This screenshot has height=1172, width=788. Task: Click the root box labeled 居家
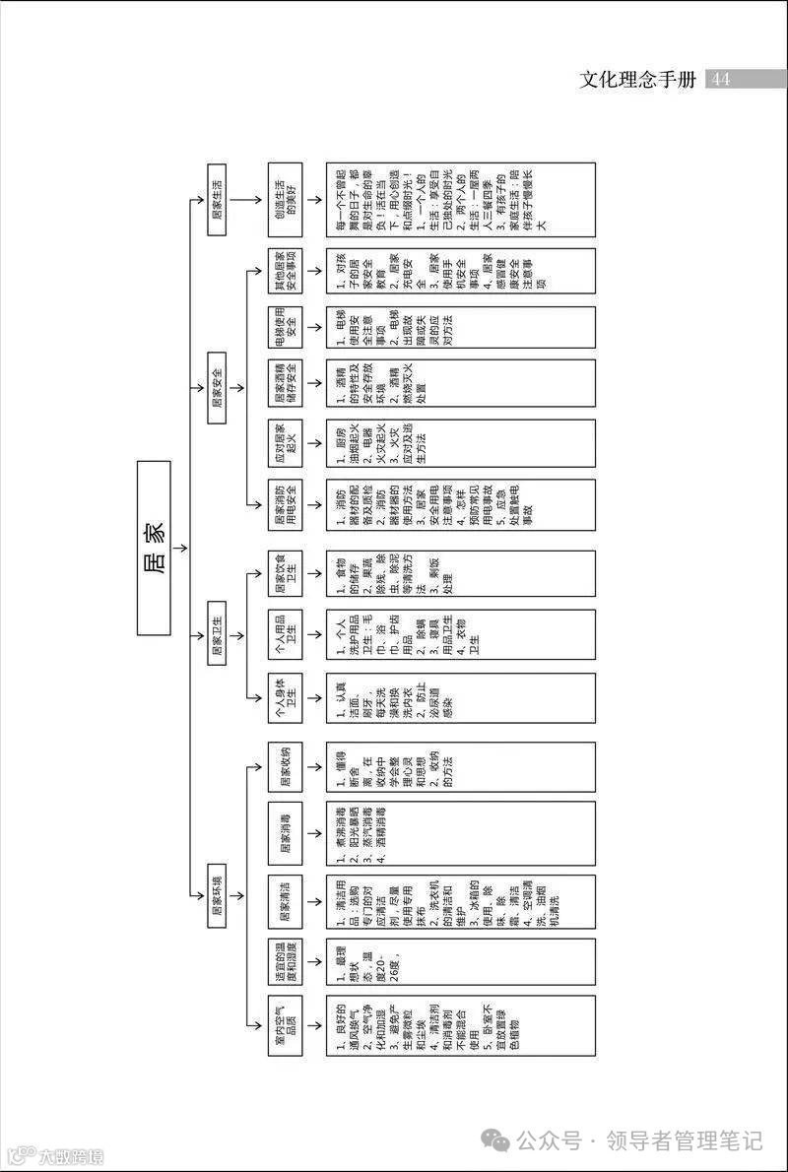[x=154, y=548]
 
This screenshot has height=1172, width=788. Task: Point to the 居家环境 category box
[x=218, y=896]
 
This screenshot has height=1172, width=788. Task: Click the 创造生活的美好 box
[x=287, y=201]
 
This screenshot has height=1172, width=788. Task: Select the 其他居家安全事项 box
[x=287, y=271]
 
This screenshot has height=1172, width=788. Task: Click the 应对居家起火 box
[x=287, y=441]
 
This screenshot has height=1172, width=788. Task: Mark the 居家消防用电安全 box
[x=287, y=505]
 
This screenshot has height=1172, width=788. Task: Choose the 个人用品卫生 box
[x=287, y=633]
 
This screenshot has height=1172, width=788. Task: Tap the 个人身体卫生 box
[x=287, y=698]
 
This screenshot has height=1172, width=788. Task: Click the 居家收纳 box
[x=287, y=764]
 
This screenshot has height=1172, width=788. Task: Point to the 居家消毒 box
[x=287, y=832]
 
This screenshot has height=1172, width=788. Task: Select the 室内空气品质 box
[x=287, y=1026]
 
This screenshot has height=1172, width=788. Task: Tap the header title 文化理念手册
[x=638, y=79]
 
